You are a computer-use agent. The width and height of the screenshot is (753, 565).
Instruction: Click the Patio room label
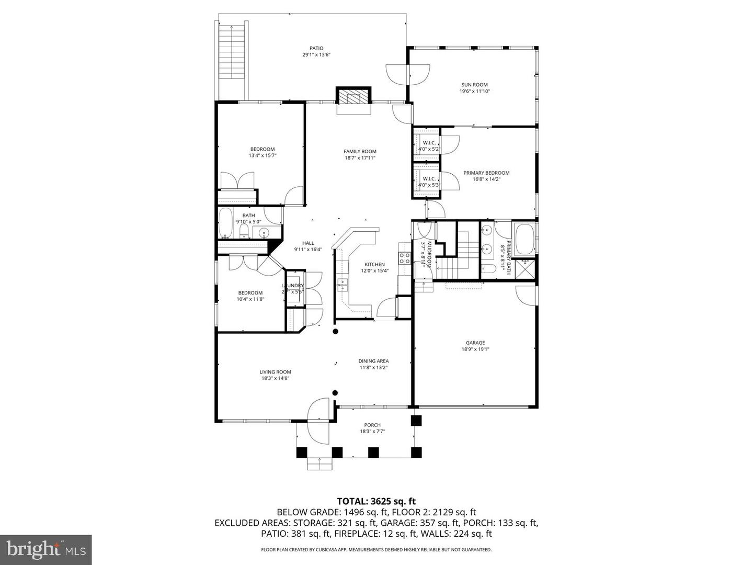pos(316,48)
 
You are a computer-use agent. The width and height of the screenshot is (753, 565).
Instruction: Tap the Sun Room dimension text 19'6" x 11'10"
pos(474,91)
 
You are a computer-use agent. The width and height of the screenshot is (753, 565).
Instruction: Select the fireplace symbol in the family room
pos(354,97)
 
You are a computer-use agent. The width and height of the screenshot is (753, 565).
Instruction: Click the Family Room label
pos(360,151)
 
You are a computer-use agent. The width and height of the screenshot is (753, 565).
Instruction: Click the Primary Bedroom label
pos(486,173)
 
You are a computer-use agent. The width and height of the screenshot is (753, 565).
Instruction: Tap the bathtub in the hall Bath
pos(226,223)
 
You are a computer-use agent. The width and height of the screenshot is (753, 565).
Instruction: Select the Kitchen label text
pos(374,264)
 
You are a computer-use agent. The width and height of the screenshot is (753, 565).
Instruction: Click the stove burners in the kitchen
pos(404,257)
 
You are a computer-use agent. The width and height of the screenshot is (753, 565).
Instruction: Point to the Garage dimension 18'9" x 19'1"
pos(475,349)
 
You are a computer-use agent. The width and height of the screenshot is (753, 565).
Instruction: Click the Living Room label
pos(275,372)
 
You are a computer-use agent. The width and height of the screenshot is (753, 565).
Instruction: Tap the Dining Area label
pos(373,360)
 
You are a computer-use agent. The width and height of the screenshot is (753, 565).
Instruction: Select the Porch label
pos(372,425)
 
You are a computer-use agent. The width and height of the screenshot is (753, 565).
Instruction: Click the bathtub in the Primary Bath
pos(524,239)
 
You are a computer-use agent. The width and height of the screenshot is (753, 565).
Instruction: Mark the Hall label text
pos(308,243)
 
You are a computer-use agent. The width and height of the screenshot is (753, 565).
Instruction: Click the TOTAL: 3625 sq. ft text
pos(376,501)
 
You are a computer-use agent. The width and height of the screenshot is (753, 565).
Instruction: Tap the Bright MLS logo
pos(45,549)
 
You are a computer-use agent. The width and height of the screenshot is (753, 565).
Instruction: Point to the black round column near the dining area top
pos(336,331)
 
